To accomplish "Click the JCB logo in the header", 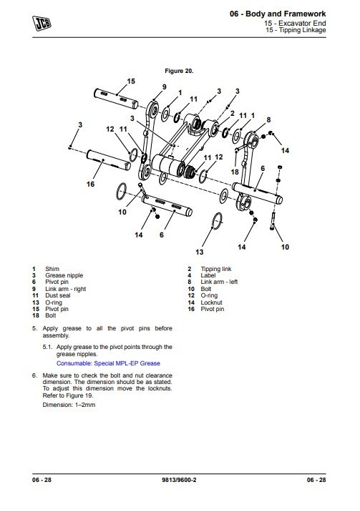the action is [42, 23].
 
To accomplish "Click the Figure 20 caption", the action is [179, 71].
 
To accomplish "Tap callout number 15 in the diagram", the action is [131, 82].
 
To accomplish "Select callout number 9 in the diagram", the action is [165, 87].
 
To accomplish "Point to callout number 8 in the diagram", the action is [268, 120].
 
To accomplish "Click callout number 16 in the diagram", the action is [90, 184].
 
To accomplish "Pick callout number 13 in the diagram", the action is [199, 252].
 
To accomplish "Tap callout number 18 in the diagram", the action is [235, 172].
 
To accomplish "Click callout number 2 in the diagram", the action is [233, 113].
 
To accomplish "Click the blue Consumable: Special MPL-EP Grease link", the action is [108, 363].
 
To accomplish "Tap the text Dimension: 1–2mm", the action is [69, 405].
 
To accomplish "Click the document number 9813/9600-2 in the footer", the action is [179, 480].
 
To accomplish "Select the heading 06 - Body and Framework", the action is [278, 14].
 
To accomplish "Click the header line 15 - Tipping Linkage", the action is [296, 30].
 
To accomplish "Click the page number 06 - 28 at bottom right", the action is [316, 480].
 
